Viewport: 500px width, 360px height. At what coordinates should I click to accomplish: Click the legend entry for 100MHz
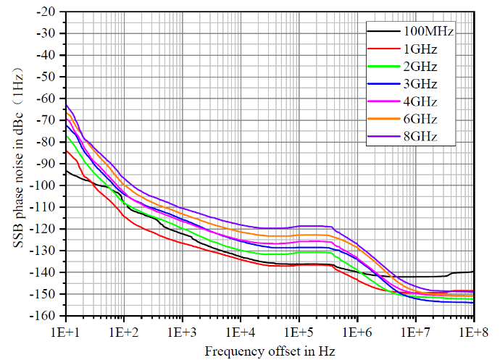tap(429, 32)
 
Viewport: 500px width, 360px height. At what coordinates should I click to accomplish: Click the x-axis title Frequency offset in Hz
tap(270, 351)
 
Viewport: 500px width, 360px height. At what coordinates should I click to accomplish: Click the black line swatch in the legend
tap(384, 32)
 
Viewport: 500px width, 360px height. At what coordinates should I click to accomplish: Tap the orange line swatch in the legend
tap(384, 119)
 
